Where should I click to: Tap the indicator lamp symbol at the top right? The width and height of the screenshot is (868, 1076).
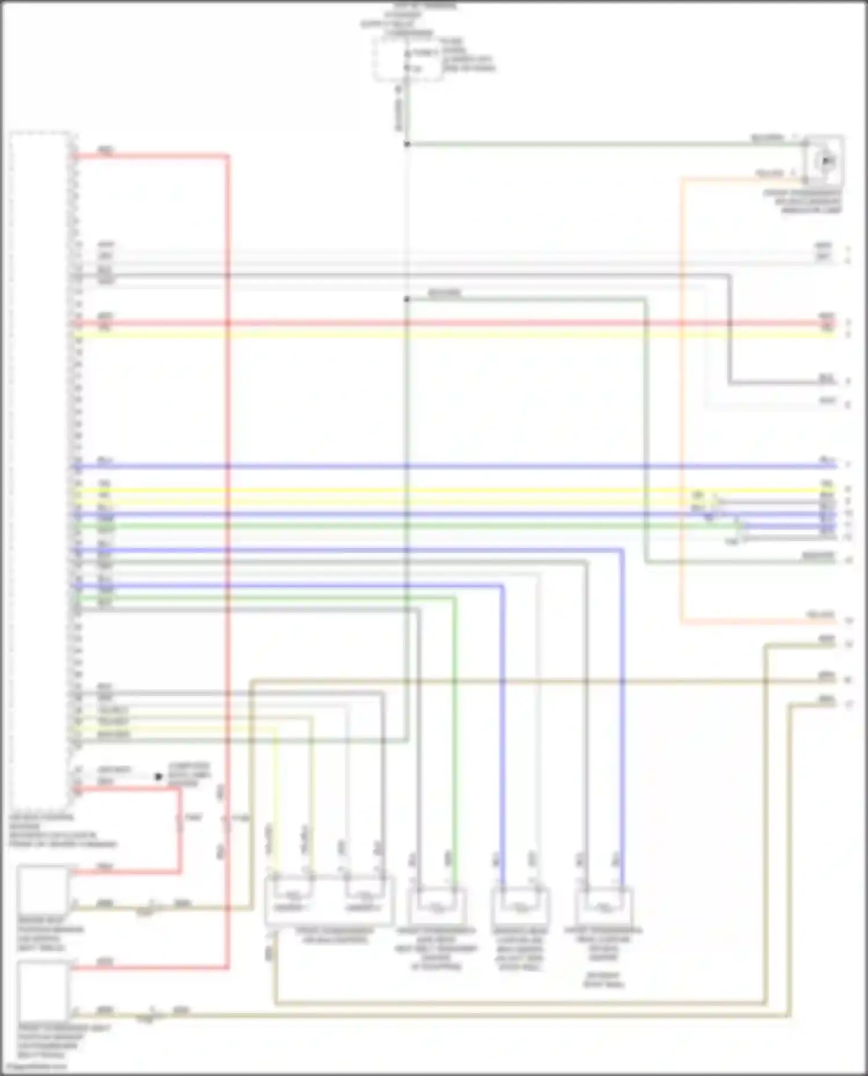point(826,161)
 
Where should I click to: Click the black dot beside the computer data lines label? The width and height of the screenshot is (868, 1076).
point(159,777)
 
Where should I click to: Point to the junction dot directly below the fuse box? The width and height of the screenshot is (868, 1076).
point(407,144)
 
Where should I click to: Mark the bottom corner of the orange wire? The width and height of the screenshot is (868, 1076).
point(682,623)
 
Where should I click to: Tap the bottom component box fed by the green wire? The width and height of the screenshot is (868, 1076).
point(437,907)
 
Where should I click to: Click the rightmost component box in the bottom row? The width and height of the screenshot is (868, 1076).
point(604,907)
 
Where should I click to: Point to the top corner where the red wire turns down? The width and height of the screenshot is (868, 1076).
point(227,156)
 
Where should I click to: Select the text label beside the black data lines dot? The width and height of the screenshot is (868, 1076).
point(189,775)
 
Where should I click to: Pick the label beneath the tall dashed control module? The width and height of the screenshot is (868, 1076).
point(61,831)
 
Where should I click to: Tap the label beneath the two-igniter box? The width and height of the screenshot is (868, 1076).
point(334,936)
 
